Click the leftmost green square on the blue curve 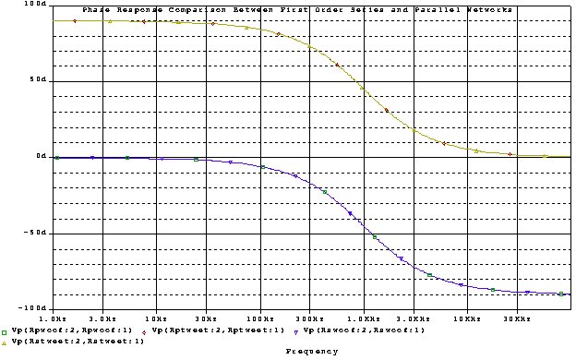[56, 158]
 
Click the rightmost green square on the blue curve [561, 294]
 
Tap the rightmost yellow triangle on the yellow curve [545, 156]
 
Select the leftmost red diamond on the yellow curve [75, 20]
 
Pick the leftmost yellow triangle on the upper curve [110, 20]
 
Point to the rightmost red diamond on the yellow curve [511, 154]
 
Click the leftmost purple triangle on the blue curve [92, 158]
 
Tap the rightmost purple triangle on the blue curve [528, 292]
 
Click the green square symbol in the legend [5, 330]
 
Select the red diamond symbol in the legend [145, 330]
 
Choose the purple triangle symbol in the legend [296, 330]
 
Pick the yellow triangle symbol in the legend [5, 342]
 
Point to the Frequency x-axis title [311, 352]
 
